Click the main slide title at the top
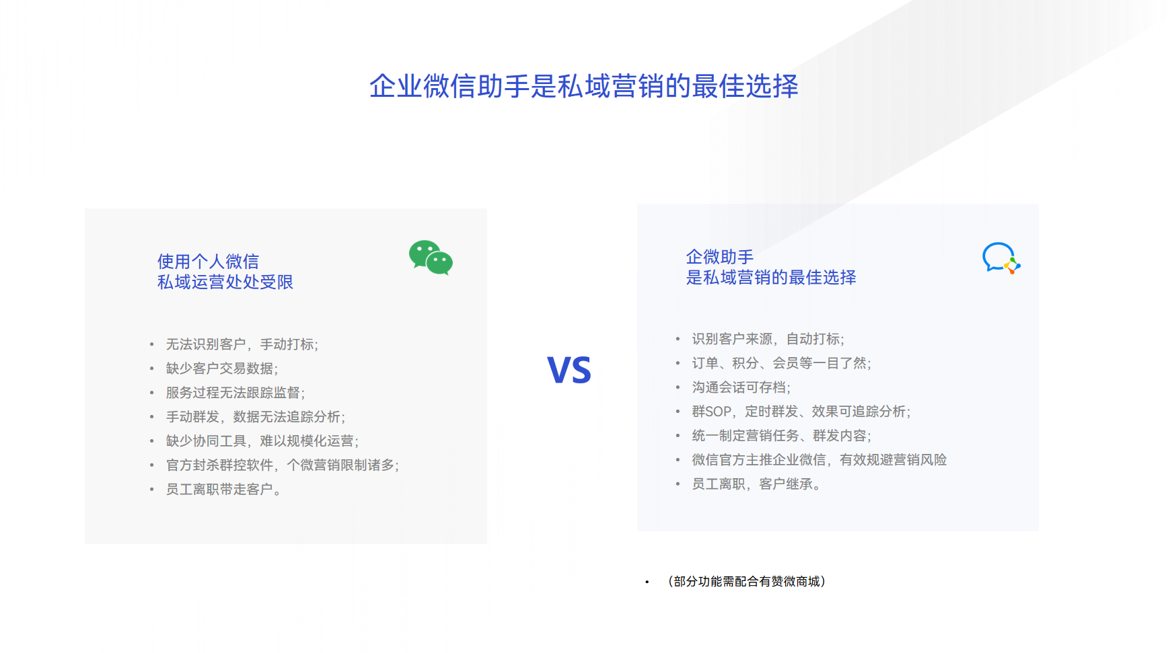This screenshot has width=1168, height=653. pyautogui.click(x=583, y=86)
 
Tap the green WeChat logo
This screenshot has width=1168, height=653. pyautogui.click(x=431, y=258)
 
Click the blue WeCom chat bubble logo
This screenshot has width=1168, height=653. pyautogui.click(x=1000, y=258)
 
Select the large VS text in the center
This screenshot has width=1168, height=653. pyautogui.click(x=569, y=370)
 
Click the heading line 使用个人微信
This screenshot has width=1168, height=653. pyautogui.click(x=208, y=261)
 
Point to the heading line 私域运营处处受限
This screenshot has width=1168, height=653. pyautogui.click(x=225, y=282)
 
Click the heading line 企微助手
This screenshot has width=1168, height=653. pyautogui.click(x=719, y=256)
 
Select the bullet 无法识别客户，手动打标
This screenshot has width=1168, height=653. pyautogui.click(x=242, y=344)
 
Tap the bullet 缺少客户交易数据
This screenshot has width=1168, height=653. pyautogui.click(x=222, y=369)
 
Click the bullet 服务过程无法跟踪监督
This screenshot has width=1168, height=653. pyautogui.click(x=235, y=393)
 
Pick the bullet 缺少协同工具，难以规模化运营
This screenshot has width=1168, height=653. pyautogui.click(x=262, y=441)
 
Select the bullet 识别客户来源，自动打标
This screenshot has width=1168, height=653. pyautogui.click(x=768, y=339)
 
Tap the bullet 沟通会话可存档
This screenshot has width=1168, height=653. pyautogui.click(x=741, y=387)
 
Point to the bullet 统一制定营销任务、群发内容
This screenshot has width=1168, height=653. pyautogui.click(x=781, y=436)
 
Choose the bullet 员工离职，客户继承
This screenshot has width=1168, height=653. pyautogui.click(x=756, y=484)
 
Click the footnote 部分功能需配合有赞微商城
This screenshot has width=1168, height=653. pyautogui.click(x=746, y=581)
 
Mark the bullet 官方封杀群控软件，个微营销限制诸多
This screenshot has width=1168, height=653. pyautogui.click(x=283, y=465)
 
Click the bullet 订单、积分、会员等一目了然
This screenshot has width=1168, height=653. pyautogui.click(x=781, y=363)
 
